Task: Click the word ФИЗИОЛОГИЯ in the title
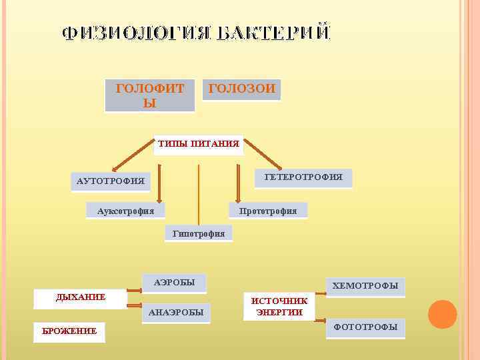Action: click(x=137, y=34)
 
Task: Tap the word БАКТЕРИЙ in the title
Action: click(x=274, y=34)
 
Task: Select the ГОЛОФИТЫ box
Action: click(x=150, y=95)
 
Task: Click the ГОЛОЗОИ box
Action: click(x=241, y=89)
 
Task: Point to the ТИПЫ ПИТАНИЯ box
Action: click(x=199, y=144)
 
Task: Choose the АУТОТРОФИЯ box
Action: click(x=111, y=181)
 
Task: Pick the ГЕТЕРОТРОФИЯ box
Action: click(x=303, y=177)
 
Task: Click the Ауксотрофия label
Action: click(x=125, y=211)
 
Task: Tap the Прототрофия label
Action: click(x=268, y=211)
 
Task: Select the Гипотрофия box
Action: click(x=199, y=233)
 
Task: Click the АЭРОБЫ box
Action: click(x=175, y=283)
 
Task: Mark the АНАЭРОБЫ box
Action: click(x=176, y=313)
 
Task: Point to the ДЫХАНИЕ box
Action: click(x=81, y=298)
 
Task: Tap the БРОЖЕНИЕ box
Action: click(x=69, y=331)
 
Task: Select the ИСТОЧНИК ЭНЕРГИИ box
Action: click(x=279, y=307)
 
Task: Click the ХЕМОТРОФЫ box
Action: click(x=365, y=287)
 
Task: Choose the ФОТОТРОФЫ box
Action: click(x=365, y=327)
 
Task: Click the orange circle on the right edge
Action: click(x=442, y=314)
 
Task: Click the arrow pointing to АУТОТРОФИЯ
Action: click(x=133, y=157)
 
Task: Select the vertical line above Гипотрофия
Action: click(x=199, y=193)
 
